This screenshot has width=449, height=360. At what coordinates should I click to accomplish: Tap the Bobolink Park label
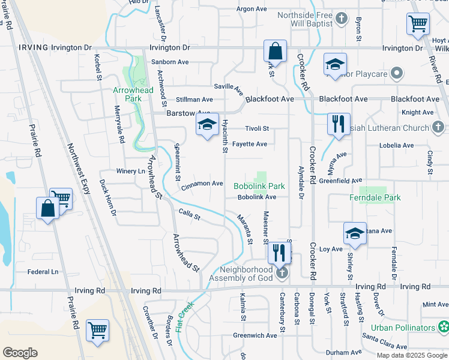[259, 187]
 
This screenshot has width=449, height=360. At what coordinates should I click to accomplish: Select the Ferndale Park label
[376, 197]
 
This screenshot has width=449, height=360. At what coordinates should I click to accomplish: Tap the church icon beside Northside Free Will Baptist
[341, 18]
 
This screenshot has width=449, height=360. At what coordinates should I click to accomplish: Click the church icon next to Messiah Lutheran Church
[438, 127]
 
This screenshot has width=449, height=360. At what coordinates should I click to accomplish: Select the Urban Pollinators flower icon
[444, 328]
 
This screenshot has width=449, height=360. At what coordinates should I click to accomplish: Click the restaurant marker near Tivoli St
[339, 124]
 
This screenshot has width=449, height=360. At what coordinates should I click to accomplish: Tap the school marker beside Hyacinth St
[207, 124]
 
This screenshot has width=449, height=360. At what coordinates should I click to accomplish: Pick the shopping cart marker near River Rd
[418, 25]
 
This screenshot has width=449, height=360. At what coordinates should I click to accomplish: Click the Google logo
[20, 353]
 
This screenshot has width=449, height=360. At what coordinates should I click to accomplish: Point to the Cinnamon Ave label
[202, 184]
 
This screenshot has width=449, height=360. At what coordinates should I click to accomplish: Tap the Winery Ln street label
[131, 171]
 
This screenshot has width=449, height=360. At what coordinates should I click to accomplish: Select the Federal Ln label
[43, 272]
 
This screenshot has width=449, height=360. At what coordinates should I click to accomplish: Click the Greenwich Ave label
[255, 335]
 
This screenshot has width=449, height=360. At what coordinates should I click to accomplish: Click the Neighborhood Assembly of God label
[241, 273]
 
